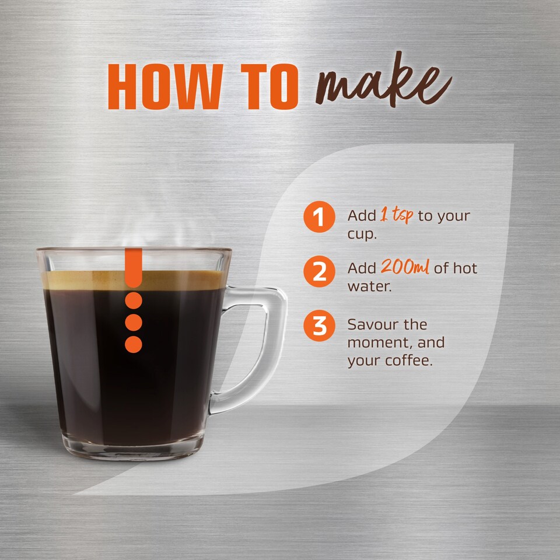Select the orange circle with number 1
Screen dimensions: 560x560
coord(319,217)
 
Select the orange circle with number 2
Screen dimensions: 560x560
coord(319,271)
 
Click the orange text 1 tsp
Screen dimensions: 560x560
coord(397,215)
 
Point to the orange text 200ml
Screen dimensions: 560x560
coord(405,268)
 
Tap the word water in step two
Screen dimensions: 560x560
coord(367,287)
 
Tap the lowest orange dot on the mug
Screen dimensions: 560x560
coord(134,344)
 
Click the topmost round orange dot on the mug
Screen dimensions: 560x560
coord(134,301)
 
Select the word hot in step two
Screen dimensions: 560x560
coord(466,268)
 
